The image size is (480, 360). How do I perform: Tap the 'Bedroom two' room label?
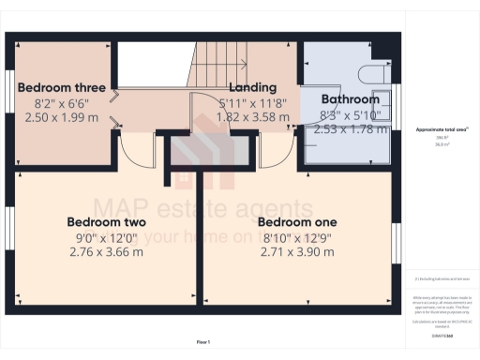[x=106, y=221]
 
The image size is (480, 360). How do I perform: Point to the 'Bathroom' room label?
[x=350, y=99]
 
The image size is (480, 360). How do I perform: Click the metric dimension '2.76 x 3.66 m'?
[x=106, y=251]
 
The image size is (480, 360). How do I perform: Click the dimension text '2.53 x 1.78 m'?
[x=350, y=128]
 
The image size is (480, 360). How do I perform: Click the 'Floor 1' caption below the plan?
[x=202, y=341]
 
